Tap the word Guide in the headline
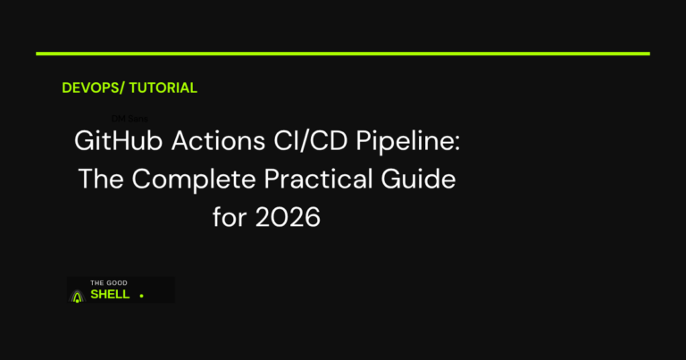coord(425,180)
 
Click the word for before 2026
coord(228,216)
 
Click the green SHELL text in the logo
coord(110,295)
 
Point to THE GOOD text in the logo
coord(109,283)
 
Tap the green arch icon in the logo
coord(78,294)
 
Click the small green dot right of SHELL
coord(141,296)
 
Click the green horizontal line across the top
coord(343,54)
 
